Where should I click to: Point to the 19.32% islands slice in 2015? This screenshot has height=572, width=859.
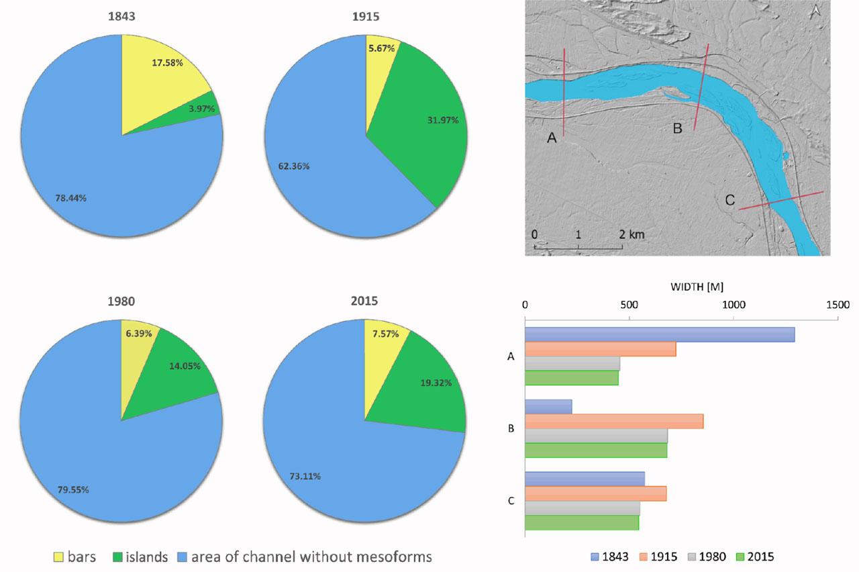[429, 386]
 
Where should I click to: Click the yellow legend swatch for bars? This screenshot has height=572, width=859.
[59, 557]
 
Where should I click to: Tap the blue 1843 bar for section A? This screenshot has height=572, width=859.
[659, 334]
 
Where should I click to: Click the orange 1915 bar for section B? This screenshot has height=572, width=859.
[613, 421]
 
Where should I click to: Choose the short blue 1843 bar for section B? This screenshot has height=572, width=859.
[548, 406]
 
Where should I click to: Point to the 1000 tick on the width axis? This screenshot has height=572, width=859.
[734, 304]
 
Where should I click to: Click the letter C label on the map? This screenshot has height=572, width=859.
[730, 200]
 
